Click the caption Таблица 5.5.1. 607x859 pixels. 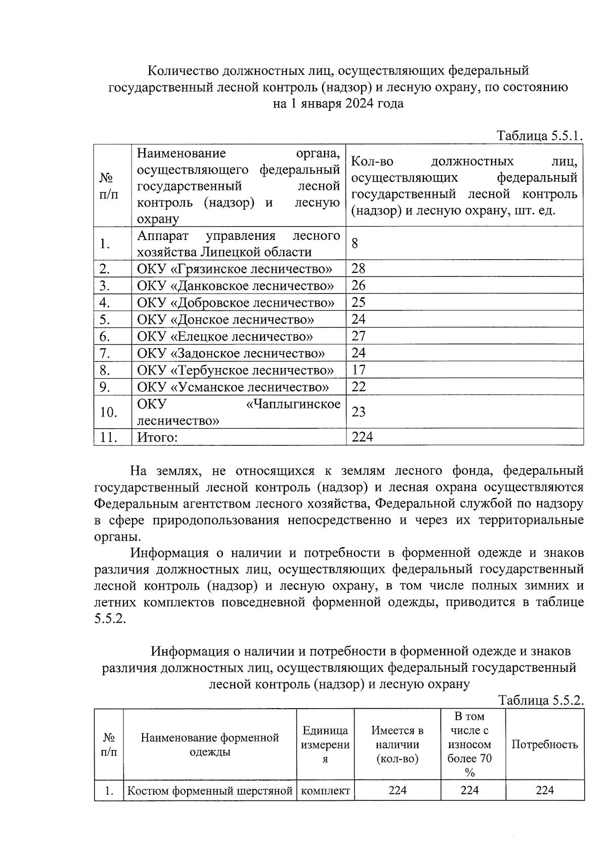click(x=540, y=136)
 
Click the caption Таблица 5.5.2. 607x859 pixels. click(x=541, y=701)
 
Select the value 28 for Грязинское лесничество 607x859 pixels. click(x=359, y=268)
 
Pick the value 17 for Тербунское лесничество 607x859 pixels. click(x=359, y=370)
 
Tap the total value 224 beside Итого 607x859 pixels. click(x=362, y=437)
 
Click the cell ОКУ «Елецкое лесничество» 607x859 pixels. click(x=225, y=336)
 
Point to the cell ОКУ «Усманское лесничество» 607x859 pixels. click(x=233, y=387)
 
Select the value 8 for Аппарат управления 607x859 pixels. click(x=355, y=243)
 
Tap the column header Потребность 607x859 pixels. click(x=544, y=745)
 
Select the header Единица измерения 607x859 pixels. click(x=325, y=745)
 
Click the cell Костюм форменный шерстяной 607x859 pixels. click(x=210, y=791)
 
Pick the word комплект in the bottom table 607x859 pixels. click(x=325, y=791)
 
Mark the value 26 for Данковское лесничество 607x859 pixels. click(x=359, y=285)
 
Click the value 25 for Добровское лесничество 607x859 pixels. click(x=359, y=302)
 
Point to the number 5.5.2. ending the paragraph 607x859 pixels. click(x=109, y=619)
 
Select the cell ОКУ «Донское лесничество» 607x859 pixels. click(x=226, y=319)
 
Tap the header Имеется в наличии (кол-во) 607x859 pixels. click(x=397, y=745)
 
